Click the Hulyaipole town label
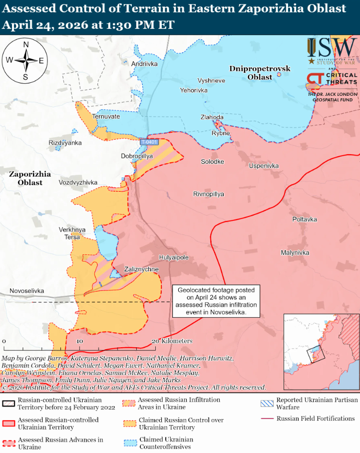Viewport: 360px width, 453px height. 173,257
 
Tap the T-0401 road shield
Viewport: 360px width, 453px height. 149,142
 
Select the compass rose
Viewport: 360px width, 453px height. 25,60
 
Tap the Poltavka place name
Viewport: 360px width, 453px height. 305,220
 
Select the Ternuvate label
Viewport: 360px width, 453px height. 106,116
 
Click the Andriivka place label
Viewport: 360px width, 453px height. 144,64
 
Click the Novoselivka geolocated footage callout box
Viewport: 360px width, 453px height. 217,301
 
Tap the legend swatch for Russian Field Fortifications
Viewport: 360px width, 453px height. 267,419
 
